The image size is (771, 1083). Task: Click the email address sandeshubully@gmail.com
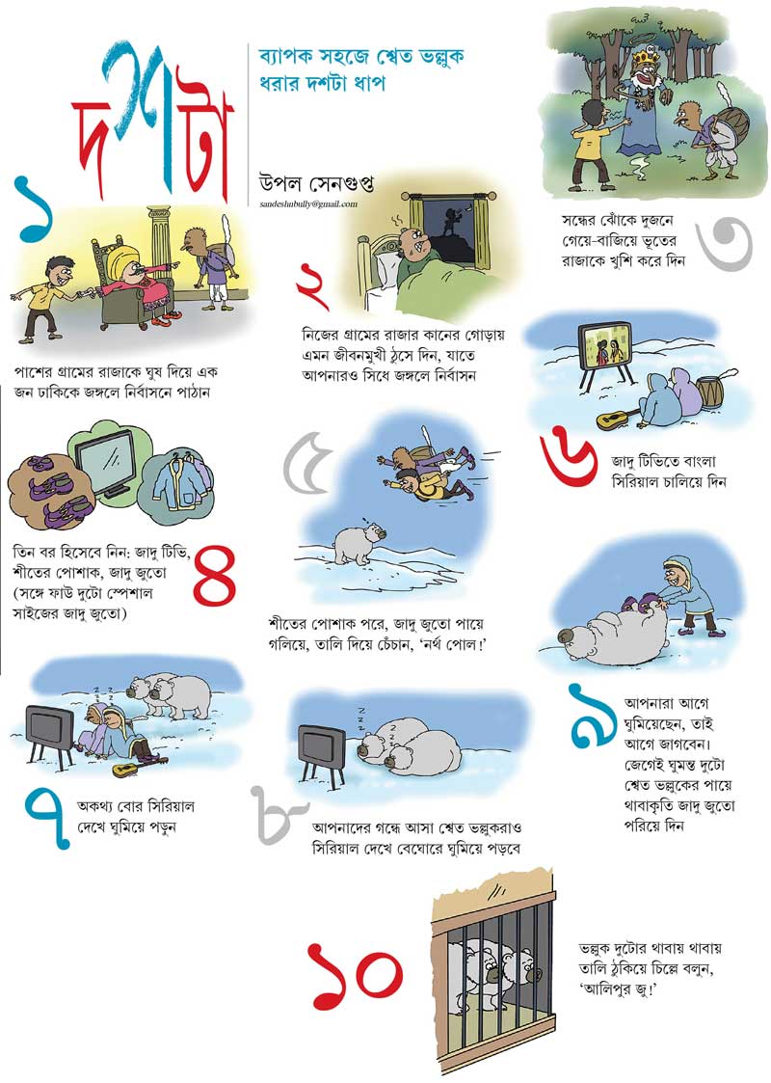(309, 204)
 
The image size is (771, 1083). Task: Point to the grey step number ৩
(724, 242)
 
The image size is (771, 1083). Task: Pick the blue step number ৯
(594, 716)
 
